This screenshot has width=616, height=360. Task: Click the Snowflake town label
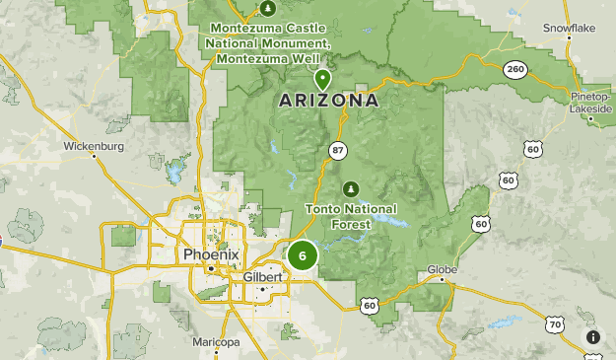(x=570, y=29)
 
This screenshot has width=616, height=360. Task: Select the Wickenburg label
(x=94, y=147)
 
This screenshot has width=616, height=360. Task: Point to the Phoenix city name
(x=210, y=255)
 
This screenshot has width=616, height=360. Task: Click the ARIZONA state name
(x=329, y=101)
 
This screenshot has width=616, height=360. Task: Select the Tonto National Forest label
(x=351, y=216)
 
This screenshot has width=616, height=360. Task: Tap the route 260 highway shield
(x=513, y=70)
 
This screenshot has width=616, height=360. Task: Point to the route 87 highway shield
(x=338, y=149)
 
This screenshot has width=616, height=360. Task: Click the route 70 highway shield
(x=555, y=323)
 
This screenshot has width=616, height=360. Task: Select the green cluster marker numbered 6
(x=302, y=255)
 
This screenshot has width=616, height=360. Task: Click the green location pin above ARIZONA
(x=321, y=79)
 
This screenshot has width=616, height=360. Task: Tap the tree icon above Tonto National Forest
(x=349, y=188)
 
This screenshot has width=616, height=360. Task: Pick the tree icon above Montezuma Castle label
(x=268, y=9)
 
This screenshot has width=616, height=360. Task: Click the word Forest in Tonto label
(x=351, y=224)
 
